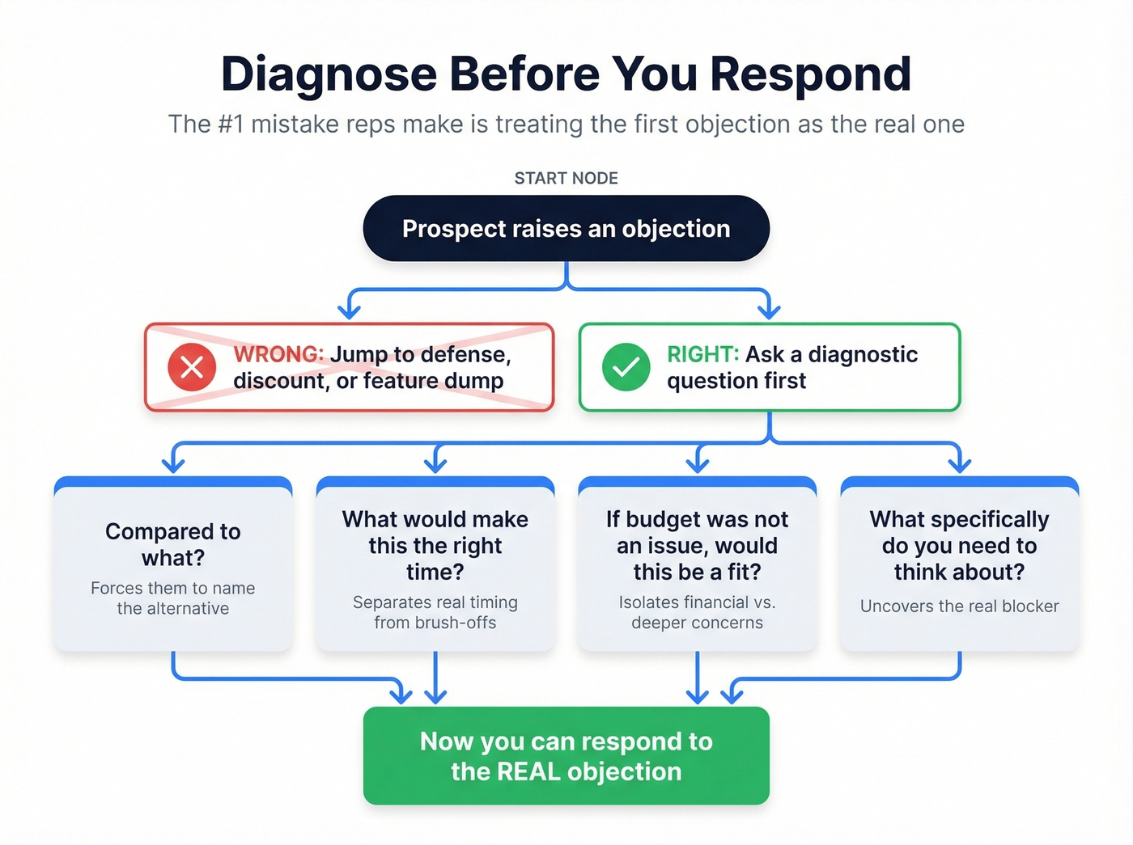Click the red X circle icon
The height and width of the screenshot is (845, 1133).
coord(192,367)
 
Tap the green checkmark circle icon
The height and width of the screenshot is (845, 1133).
coord(626,367)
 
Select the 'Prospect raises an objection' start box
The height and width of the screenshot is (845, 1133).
coord(566,229)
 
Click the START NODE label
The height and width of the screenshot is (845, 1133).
coord(566,178)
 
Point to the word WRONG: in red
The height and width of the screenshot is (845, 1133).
coord(278,354)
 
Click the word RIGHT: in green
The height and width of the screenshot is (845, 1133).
coord(702,354)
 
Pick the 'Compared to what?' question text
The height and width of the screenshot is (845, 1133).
coord(172,544)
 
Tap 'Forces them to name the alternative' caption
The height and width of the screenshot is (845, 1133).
coord(172,598)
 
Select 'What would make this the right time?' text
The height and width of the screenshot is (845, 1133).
coord(435,545)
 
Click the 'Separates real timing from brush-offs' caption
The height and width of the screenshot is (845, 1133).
coord(435,612)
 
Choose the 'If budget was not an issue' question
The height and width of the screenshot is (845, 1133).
coord(697,545)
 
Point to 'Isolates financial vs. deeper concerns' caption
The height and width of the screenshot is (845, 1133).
coord(697,612)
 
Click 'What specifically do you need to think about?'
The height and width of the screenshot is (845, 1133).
coord(959,545)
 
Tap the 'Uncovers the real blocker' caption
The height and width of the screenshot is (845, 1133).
coord(959,606)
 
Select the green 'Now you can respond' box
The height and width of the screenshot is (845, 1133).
coord(566,756)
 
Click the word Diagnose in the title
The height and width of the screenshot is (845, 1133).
coord(329,74)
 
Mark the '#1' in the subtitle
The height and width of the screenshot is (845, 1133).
coord(230,125)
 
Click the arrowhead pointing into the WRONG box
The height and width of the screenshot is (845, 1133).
coord(350,311)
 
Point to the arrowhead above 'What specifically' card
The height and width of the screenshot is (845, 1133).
coord(959,464)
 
